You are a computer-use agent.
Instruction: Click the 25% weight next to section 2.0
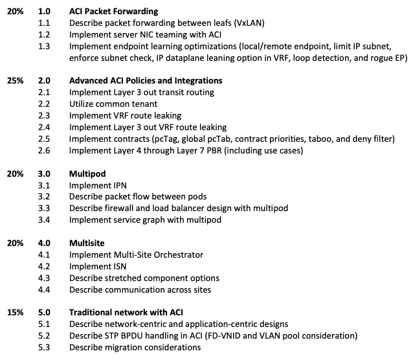coord(15,81)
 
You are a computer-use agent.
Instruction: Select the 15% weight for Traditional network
coord(15,312)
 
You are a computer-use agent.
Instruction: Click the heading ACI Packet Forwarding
coord(113,12)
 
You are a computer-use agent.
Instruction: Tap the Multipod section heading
coord(87,174)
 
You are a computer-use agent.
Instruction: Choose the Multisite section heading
coord(87,243)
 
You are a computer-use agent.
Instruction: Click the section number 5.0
coord(44,312)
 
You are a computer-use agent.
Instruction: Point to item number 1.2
coord(44,34)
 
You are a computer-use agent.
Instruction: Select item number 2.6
coord(44,150)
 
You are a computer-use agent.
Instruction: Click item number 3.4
coord(44,219)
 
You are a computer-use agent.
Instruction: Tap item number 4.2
coord(44,266)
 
